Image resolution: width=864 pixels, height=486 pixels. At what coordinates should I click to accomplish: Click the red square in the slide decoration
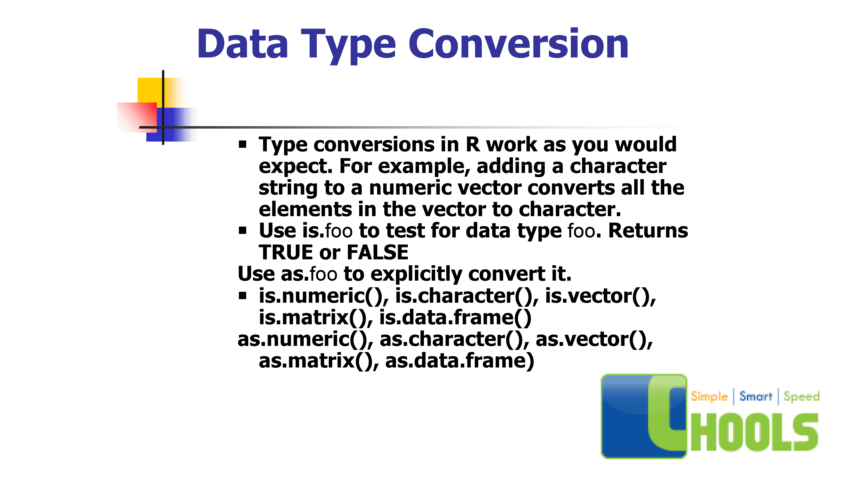pyautogui.click(x=137, y=117)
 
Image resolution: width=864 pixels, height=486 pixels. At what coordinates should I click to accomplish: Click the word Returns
pyautogui.click(x=648, y=231)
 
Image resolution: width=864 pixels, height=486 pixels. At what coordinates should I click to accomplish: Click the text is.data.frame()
pyautogui.click(x=455, y=317)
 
